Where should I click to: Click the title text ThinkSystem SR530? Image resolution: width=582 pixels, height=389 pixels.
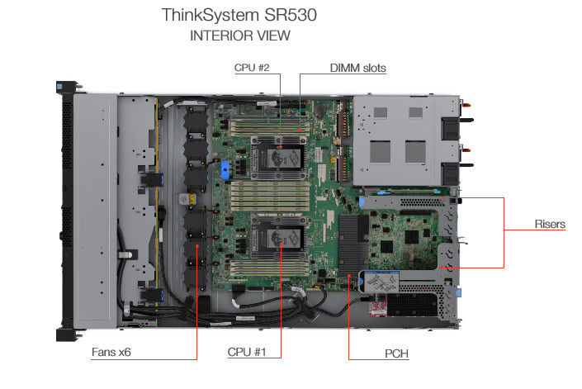click(239, 15)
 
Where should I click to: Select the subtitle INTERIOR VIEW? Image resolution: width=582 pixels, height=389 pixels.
click(240, 36)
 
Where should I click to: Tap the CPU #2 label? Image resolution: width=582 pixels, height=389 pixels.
click(252, 68)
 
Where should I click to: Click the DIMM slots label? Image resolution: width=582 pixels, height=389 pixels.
click(357, 68)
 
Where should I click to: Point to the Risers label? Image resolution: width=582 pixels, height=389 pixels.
click(550, 224)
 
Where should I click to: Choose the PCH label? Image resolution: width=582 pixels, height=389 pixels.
click(396, 353)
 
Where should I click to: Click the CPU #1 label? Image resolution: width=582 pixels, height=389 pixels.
click(247, 352)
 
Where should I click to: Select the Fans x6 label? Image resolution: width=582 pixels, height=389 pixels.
click(111, 352)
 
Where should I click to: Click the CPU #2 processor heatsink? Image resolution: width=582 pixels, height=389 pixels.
click(279, 159)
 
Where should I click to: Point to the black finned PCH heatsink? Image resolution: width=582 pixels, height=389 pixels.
click(353, 245)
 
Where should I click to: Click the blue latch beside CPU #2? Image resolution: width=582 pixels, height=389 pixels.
click(225, 170)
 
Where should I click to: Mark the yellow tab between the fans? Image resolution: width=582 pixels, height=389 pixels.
click(192, 199)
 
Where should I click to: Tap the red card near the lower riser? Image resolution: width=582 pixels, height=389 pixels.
click(379, 305)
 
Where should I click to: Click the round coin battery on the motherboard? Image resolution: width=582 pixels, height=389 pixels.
click(320, 109)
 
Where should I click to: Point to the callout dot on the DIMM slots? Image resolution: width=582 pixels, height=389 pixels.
click(300, 130)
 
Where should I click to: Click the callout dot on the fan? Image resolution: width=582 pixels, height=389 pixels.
click(197, 245)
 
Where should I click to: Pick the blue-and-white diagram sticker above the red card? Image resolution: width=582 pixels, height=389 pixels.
click(381, 282)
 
